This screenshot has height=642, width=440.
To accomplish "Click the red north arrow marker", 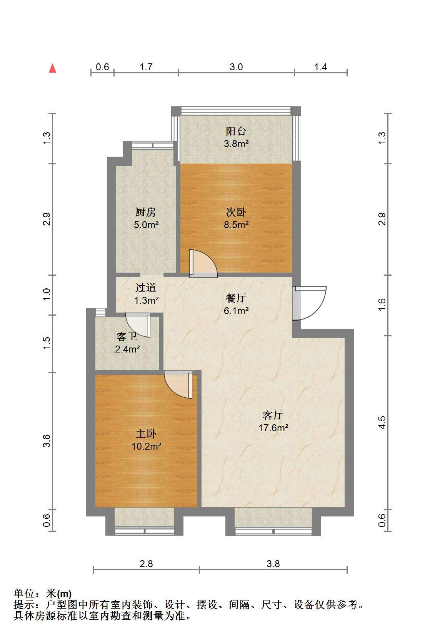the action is coord(52,68).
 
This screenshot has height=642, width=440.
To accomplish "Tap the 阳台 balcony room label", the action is coord(236,131).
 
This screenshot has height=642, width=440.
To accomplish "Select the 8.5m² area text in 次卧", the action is coord(236,225).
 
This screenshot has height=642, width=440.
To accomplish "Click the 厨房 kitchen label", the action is coord(146,212).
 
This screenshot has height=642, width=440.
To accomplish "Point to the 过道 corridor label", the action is coord(146,288).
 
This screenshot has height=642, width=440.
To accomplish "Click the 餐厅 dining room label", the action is coord(236,298).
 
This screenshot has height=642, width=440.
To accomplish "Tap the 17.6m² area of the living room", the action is coord(273,428).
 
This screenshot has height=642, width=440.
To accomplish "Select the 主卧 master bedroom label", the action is coord(146,434).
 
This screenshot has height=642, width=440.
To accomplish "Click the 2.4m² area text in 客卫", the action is coord(127,349).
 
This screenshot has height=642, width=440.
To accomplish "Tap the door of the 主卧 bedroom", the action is coord(178,384).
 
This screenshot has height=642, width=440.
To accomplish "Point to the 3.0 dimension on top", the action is coord(236,67).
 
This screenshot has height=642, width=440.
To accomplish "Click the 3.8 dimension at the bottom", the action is coord(273,564).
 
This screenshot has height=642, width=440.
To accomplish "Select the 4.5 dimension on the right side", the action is coord(382,422).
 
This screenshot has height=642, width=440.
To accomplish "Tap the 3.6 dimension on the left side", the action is coord(47,441).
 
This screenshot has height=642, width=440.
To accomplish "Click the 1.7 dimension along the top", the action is coord(146,67).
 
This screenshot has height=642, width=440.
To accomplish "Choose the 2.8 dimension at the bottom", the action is coord(146,564).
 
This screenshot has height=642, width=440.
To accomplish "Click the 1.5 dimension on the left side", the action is coord(47,343).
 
